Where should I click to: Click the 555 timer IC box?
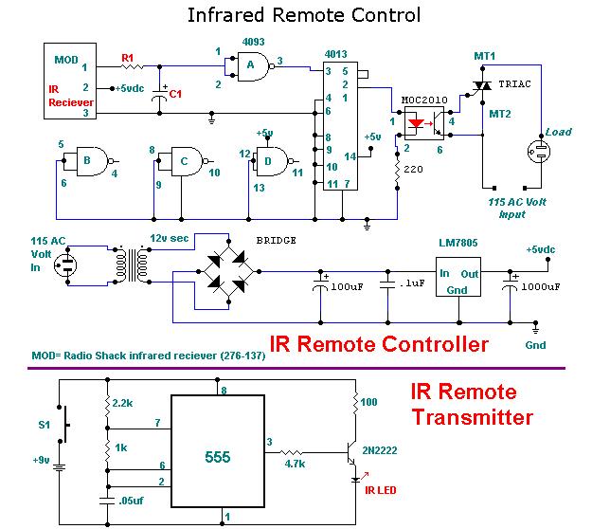click(x=218, y=456)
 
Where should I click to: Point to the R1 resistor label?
click(x=128, y=58)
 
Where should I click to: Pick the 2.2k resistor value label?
click(x=123, y=403)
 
